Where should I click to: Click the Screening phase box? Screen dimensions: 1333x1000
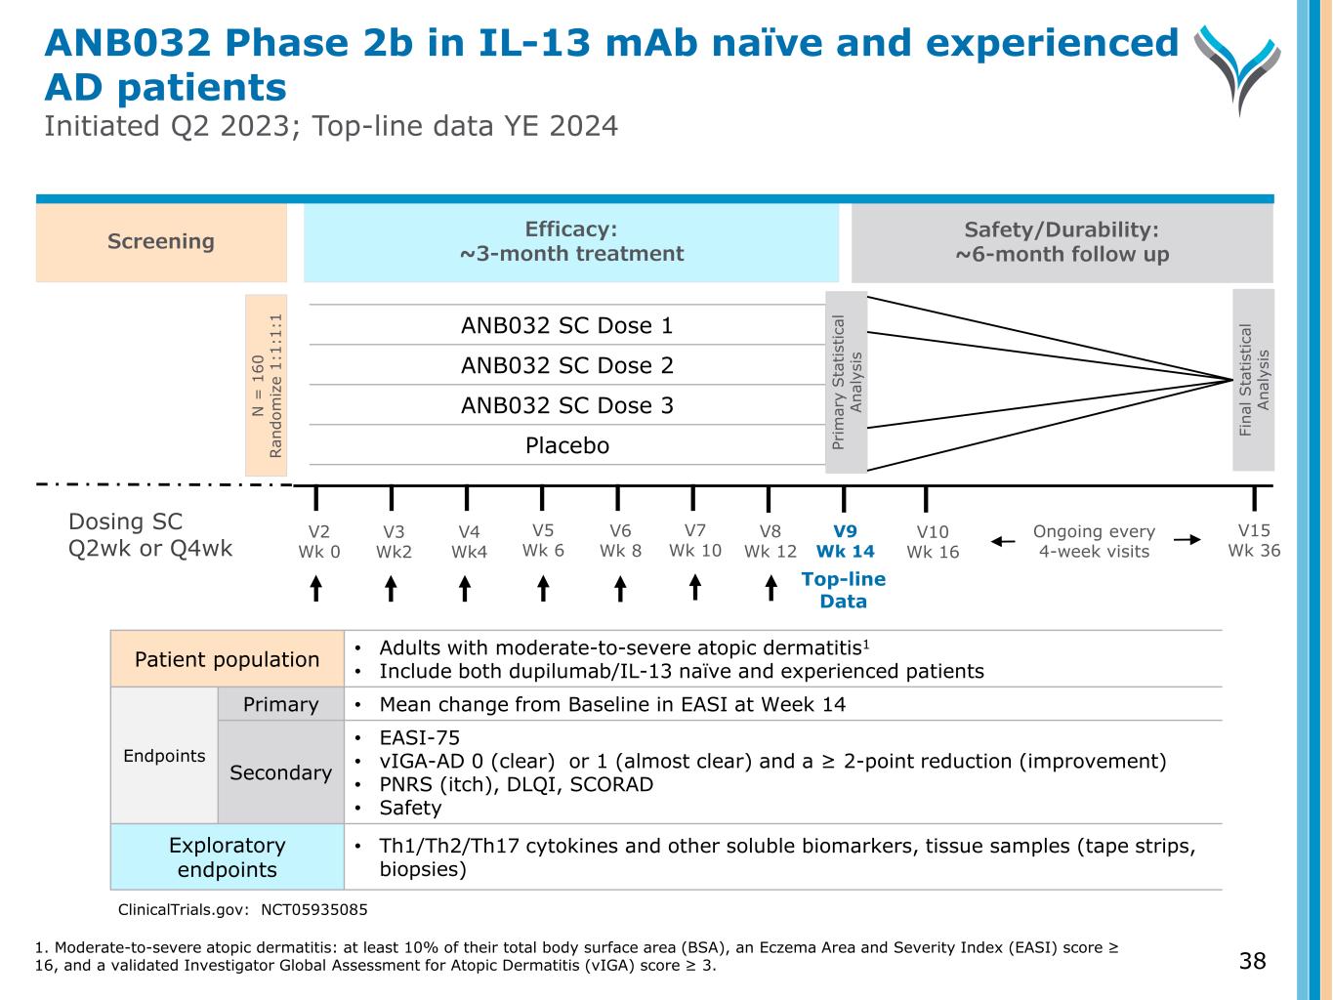[161, 242]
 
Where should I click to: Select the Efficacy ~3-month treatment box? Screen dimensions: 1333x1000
[571, 242]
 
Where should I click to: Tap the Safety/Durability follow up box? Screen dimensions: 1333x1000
[1062, 242]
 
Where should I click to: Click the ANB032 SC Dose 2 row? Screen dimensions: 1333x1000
[567, 365]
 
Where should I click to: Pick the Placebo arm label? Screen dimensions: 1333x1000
[567, 445]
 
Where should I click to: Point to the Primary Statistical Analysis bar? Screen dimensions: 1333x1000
[846, 382]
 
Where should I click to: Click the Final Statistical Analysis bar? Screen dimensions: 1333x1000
[1254, 380]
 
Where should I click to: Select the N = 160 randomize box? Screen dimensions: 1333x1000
[266, 386]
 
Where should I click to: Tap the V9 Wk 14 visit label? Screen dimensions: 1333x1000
[845, 542]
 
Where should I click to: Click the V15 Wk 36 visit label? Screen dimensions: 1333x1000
[1254, 540]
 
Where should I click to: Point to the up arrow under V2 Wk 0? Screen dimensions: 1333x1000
[315, 588]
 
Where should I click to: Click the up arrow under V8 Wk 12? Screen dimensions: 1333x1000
[771, 588]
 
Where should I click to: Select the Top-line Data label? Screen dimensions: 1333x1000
[843, 590]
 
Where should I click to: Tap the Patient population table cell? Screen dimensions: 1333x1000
[228, 659]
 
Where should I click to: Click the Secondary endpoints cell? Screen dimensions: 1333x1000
[280, 772]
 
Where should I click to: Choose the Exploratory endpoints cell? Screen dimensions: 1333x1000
[228, 856]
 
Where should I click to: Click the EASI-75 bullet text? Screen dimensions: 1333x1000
[420, 737]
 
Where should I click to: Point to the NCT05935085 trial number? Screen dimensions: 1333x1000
[314, 909]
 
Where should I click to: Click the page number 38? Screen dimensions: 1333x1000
[1252, 961]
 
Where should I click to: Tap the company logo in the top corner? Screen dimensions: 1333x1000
[1237, 68]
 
